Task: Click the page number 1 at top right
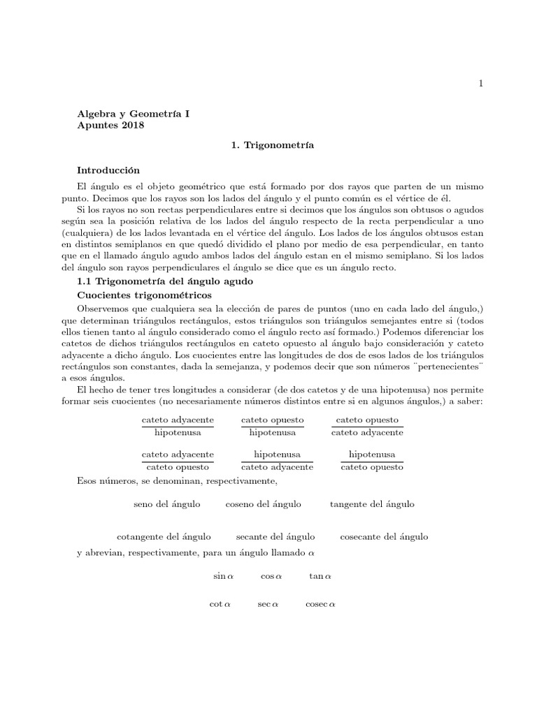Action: coord(480,83)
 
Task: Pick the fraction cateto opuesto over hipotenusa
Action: coord(273,426)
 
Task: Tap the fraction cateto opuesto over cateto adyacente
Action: coord(367,426)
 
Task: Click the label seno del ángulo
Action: coord(167,503)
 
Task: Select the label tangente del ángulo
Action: coord(372,503)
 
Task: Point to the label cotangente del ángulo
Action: coord(164,536)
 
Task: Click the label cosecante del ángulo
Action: coord(384,536)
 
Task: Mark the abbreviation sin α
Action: coord(223,576)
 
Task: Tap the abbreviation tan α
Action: coord(320,576)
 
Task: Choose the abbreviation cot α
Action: coord(220,603)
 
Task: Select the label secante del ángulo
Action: coord(275,536)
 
